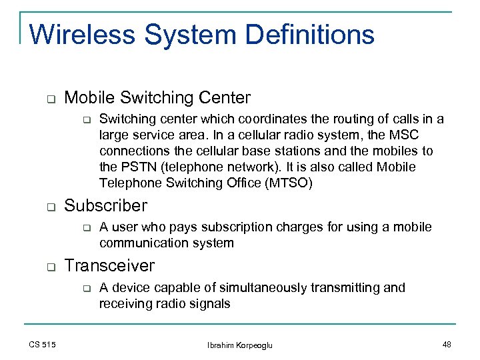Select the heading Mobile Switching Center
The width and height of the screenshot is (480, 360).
157,98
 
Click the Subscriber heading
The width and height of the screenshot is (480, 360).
105,206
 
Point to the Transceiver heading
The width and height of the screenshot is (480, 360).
109,266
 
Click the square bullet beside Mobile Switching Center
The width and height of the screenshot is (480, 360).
50,99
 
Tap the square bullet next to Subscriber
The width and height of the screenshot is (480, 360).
50,207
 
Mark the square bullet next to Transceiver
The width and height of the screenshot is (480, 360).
50,267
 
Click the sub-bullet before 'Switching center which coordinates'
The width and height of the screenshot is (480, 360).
85,120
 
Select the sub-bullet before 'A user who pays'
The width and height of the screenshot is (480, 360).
85,228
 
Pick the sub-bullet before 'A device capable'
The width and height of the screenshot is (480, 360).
85,288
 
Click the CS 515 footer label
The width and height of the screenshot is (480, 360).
43,344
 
